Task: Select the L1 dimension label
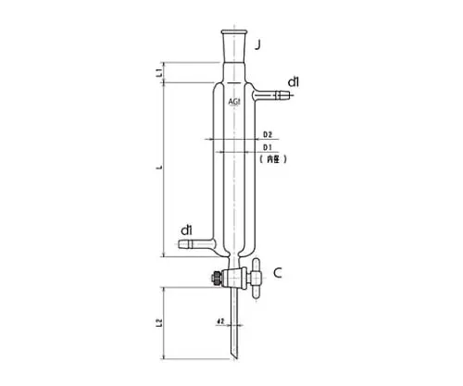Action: (x=159, y=71)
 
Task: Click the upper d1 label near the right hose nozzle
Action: (x=293, y=83)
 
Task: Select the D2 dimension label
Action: (x=266, y=135)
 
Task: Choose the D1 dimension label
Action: (x=266, y=147)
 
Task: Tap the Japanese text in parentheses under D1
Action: (x=272, y=159)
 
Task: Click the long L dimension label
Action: (x=160, y=168)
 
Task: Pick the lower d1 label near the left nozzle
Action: (x=186, y=230)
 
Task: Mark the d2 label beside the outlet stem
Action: (x=219, y=321)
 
